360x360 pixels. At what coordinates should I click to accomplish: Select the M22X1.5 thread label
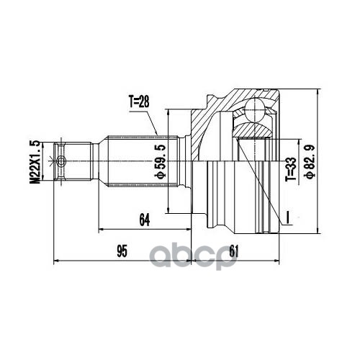[x=35, y=162]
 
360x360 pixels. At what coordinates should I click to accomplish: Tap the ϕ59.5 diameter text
[x=161, y=161]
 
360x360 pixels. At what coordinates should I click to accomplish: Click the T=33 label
[x=290, y=169]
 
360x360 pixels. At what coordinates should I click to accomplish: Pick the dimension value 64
[x=145, y=220]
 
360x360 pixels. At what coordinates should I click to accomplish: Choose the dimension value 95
[x=122, y=251]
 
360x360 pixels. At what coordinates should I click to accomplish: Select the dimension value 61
[x=233, y=251]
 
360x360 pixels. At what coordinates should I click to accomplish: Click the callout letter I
[x=287, y=217]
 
